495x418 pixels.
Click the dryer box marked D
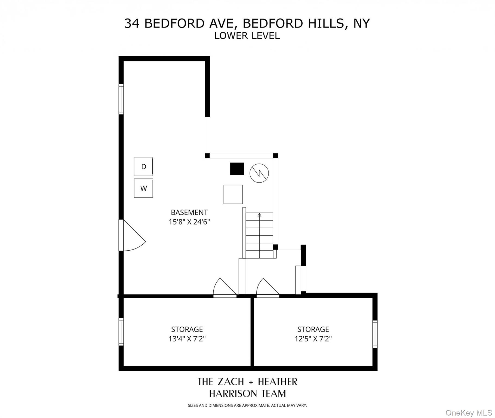[x=143, y=167]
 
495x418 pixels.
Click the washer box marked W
[x=143, y=188]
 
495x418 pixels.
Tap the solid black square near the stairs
[x=237, y=169]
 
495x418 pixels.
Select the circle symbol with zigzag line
[x=259, y=173]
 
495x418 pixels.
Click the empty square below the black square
[x=233, y=194]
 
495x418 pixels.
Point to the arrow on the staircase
[x=259, y=215]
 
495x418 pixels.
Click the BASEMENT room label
[x=189, y=212]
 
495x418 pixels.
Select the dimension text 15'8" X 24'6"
[x=189, y=222]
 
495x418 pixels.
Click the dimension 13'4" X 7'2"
[x=187, y=339]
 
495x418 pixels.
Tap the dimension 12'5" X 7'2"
[x=313, y=339]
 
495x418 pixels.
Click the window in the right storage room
[x=375, y=334]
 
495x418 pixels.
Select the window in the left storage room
[x=121, y=332]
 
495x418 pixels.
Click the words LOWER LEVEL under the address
[x=247, y=36]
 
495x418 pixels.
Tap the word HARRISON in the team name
[x=233, y=394]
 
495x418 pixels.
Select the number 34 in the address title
[x=132, y=23]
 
